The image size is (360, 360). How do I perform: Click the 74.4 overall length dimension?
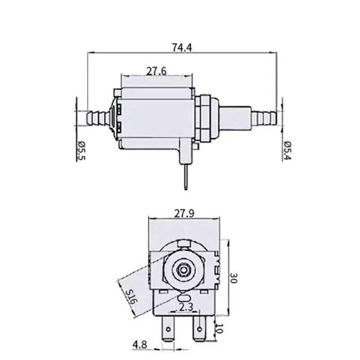[x=182, y=48]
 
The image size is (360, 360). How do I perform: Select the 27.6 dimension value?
[x=156, y=71]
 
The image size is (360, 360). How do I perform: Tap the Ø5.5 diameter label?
[x=81, y=151]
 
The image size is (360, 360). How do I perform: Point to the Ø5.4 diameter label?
[x=287, y=151]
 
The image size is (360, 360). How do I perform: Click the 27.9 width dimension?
[x=184, y=213]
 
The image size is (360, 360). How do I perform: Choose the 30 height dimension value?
[x=234, y=278]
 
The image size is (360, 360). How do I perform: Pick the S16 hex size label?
[x=132, y=297]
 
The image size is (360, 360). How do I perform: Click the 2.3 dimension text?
[x=186, y=307]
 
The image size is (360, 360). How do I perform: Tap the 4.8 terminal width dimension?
[x=139, y=345]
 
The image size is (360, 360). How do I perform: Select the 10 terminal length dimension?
[x=220, y=328]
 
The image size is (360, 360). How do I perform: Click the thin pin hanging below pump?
[x=186, y=177]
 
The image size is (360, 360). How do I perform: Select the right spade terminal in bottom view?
[x=199, y=328]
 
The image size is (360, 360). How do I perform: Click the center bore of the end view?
[x=183, y=270]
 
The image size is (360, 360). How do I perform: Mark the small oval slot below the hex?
[x=184, y=298]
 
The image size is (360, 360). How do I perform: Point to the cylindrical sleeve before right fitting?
[x=235, y=118]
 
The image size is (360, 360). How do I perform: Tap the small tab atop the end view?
[x=184, y=243]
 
